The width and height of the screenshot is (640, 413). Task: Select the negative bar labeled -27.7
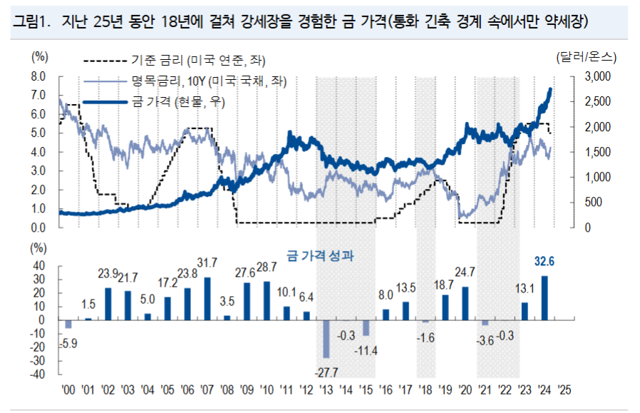[326, 339]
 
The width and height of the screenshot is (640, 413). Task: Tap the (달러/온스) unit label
[587, 56]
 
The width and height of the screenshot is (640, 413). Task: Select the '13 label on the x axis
[325, 389]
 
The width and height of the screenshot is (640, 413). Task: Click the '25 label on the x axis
[564, 389]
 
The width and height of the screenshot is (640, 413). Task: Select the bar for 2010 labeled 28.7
[267, 301]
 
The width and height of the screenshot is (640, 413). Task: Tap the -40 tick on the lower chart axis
[39, 374]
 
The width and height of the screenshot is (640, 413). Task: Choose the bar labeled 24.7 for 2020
[465, 304]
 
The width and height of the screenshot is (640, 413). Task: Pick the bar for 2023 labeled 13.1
[525, 312]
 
